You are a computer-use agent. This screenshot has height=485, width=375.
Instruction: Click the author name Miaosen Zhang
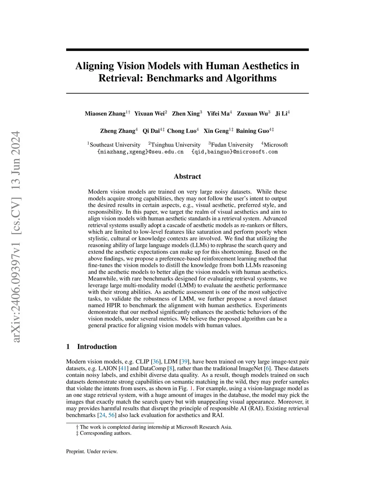click(105, 113)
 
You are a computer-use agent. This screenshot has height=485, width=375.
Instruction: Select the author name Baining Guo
click(252, 131)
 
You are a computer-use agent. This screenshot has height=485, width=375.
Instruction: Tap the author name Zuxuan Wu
click(252, 113)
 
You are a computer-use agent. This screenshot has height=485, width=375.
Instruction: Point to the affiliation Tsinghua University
click(176, 145)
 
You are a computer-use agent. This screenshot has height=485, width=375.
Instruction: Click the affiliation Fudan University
click(232, 145)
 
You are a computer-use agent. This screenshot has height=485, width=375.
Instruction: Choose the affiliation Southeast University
click(115, 145)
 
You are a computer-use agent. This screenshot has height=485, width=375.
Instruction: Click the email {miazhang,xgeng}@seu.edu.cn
click(140, 152)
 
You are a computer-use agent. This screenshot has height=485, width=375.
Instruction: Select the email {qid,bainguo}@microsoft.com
click(234, 152)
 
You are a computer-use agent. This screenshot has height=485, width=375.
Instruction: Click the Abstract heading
click(187, 176)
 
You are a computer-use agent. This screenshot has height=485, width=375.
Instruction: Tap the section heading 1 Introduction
click(92, 347)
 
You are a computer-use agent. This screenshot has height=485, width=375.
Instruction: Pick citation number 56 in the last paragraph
click(112, 415)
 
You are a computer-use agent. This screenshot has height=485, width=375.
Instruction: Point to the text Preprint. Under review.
click(92, 451)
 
